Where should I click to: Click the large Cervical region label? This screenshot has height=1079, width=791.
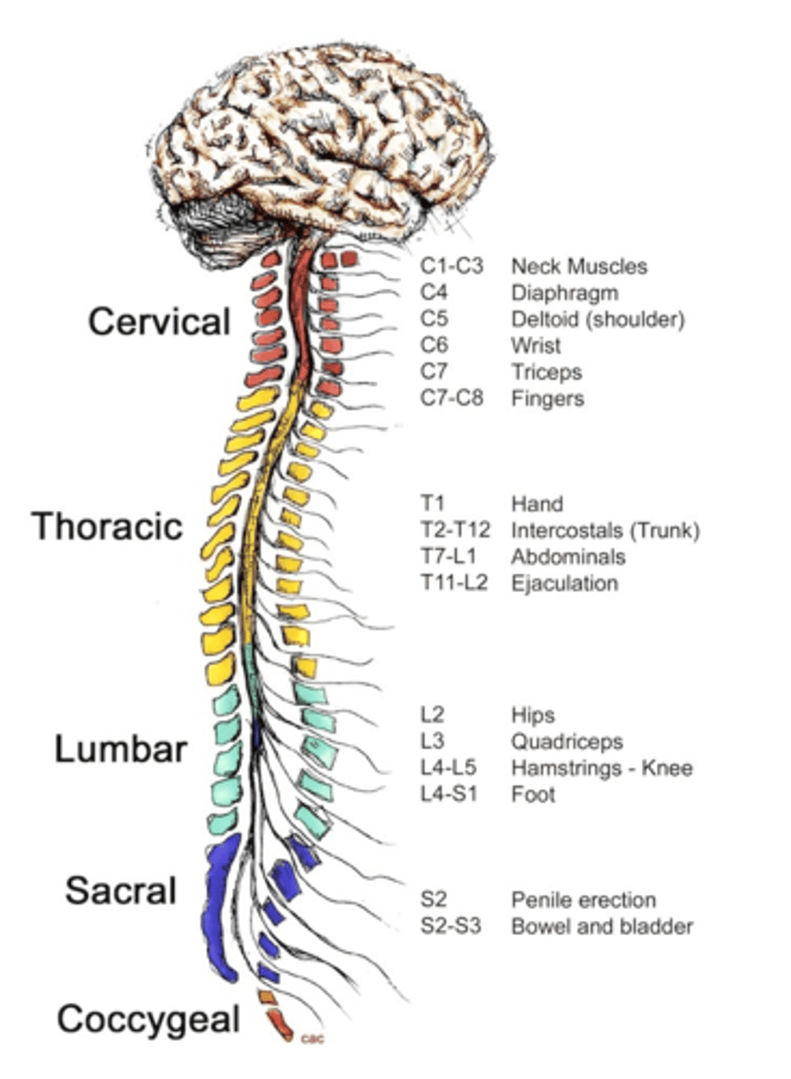159,322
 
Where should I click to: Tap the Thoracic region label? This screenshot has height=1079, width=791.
108,526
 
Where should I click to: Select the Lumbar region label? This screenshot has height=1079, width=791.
120,749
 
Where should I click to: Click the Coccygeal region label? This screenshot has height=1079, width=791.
148,1020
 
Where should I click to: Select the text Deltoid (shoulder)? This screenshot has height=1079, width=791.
598,319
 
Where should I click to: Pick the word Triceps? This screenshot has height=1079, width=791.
547,371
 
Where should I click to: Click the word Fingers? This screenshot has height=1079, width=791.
547,397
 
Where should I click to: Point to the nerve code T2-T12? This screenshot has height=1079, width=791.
457,531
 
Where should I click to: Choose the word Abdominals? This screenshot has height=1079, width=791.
568,557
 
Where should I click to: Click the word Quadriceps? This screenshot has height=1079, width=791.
566,743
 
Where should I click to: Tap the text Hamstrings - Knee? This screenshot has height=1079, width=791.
601,769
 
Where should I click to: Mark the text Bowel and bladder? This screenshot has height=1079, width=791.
601,926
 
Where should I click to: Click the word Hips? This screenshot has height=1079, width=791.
533,716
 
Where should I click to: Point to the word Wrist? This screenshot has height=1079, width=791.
536,345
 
